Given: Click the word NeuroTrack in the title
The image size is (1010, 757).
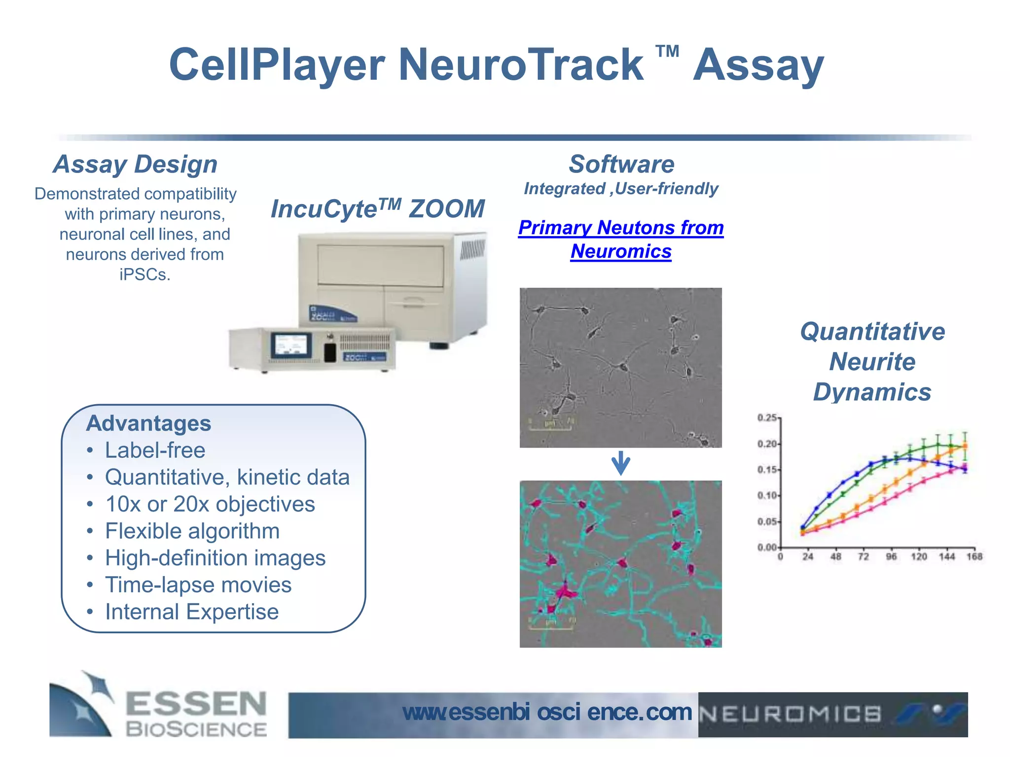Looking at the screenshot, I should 520,65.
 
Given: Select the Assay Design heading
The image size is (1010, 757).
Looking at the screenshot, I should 135,164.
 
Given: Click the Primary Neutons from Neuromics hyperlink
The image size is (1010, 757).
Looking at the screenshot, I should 621,239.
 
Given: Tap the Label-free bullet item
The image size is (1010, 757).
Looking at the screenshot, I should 155,450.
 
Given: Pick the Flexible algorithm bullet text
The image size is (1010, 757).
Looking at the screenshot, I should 192,531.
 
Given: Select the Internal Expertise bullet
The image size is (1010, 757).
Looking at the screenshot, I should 192,612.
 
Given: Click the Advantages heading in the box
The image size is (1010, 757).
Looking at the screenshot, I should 148,423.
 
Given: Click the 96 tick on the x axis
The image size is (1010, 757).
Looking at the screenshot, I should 891,557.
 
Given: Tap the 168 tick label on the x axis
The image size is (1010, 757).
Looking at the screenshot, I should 974,557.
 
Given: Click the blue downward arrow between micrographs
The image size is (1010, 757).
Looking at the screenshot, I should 620,463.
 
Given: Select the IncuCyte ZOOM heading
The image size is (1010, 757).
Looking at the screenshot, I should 378,208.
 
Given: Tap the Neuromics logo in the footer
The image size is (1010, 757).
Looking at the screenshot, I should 832,714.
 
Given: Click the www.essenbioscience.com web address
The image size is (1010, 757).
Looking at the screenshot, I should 547,712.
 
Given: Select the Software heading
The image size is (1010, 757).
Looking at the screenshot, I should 621,164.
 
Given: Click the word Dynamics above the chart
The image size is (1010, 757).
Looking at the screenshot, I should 872,392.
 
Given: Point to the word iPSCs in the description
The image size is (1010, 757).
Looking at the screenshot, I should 144,275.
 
